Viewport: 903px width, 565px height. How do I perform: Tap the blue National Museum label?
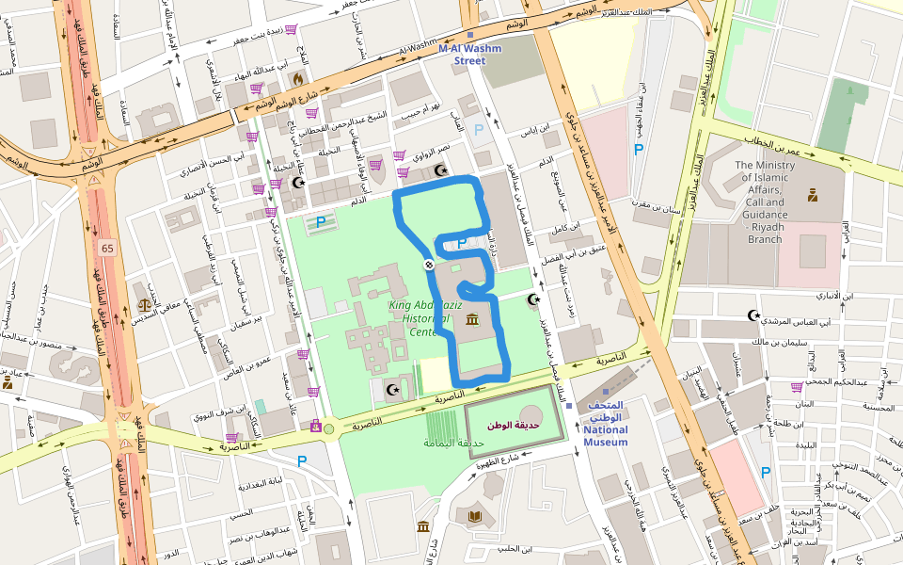[605, 436]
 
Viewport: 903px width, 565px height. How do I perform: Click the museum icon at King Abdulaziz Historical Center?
[470, 317]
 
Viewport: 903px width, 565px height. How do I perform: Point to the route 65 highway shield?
[106, 248]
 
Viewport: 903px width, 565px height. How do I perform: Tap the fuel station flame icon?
[299, 80]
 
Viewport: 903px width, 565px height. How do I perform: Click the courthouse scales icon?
[144, 306]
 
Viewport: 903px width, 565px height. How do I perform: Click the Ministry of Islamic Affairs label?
[765, 202]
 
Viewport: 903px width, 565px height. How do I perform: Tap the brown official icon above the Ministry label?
[812, 195]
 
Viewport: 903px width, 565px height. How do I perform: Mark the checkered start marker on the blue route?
[428, 265]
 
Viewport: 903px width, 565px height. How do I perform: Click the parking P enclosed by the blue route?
[462, 241]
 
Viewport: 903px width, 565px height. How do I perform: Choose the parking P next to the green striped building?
[321, 221]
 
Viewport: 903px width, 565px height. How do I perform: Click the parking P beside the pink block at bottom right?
[766, 472]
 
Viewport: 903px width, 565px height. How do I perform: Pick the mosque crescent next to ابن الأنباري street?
[752, 315]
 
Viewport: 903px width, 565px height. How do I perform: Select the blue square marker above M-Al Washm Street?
[470, 35]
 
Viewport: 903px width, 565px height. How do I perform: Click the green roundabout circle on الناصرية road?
[329, 429]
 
